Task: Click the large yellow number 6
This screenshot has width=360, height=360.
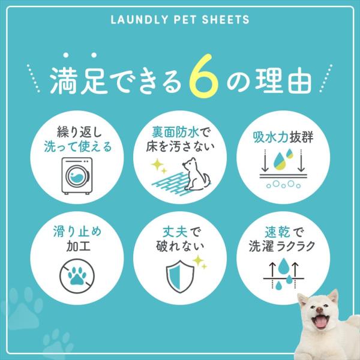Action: point(203,76)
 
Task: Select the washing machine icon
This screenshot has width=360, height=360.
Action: point(77,176)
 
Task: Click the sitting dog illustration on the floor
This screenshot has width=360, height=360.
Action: point(197,174)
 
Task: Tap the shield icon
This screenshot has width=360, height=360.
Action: point(180,276)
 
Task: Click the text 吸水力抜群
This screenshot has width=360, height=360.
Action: point(283,137)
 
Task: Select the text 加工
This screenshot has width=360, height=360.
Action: point(78,246)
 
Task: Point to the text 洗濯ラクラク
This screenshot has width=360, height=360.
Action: point(282,247)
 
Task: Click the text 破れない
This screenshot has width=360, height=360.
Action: point(180,247)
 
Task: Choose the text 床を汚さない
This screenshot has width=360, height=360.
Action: point(180,147)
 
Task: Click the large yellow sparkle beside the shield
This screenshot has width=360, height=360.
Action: point(198,260)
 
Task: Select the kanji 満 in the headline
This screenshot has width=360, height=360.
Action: point(64,80)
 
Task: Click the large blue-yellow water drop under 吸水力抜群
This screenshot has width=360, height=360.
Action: point(280,161)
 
